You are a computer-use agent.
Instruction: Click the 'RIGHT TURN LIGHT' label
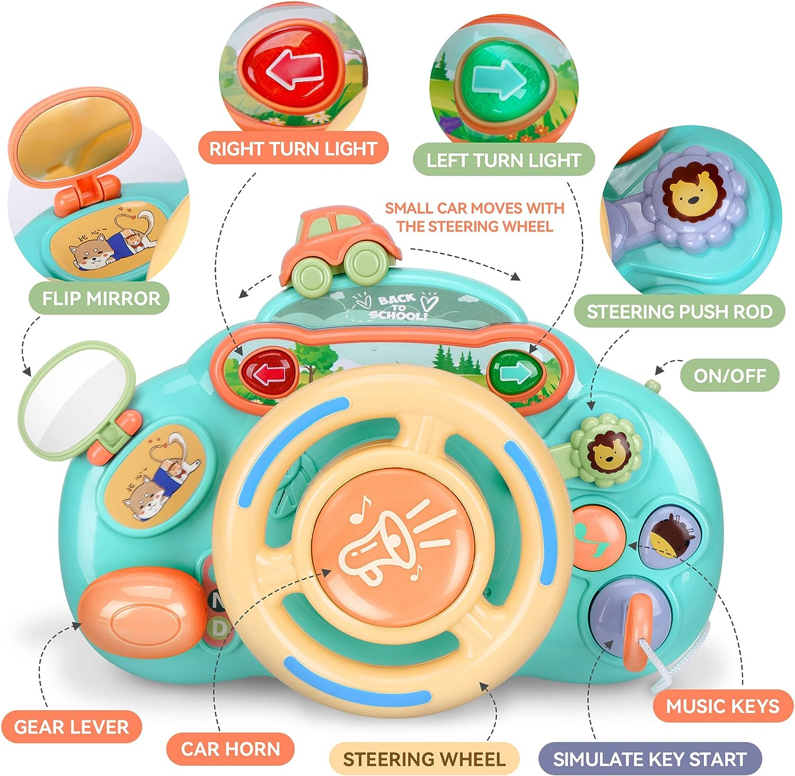pos(293,148)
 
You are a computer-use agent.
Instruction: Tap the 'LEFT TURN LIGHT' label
pos(503,160)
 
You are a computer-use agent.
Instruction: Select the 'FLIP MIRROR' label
pos(101,298)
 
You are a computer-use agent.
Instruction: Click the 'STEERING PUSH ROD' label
pos(679,311)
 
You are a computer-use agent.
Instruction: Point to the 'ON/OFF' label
pos(729,375)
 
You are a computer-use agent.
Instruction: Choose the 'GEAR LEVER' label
pos(71,727)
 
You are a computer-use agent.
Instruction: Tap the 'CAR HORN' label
pos(230,748)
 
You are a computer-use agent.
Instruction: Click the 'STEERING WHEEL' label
pos(424,759)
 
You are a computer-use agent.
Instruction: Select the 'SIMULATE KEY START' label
pos(649,759)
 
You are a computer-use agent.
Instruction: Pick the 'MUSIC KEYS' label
pos(722,706)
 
